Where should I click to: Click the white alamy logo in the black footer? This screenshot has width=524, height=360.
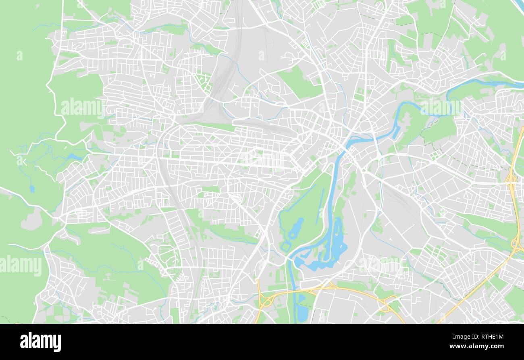[x=40, y=341]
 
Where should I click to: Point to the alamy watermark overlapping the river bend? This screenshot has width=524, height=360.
[x=440, y=106]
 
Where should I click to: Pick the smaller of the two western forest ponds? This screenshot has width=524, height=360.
[x=32, y=188]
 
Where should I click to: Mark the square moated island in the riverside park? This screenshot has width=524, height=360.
[x=286, y=246]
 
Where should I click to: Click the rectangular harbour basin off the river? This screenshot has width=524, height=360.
[x=395, y=132]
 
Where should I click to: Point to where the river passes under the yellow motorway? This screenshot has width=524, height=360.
[x=295, y=291]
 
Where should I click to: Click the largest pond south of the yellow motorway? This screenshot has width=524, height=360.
[x=302, y=312]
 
